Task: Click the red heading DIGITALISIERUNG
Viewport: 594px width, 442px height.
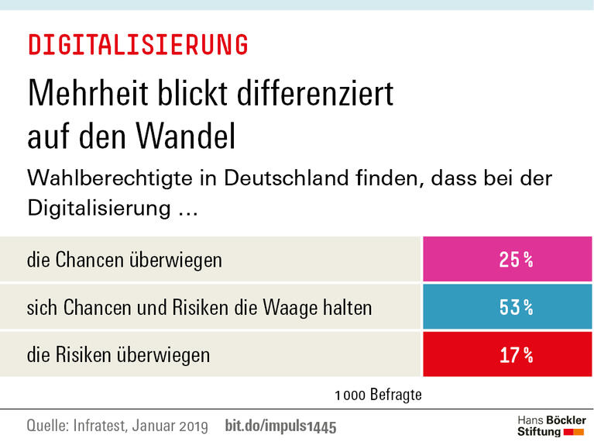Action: [138, 44]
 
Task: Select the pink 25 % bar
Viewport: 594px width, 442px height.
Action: [507, 260]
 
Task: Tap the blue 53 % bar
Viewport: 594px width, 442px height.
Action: [507, 307]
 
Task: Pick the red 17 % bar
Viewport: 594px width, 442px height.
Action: [507, 355]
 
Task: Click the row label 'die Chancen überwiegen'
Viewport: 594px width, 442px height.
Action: [124, 260]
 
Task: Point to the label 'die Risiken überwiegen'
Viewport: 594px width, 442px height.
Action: [118, 355]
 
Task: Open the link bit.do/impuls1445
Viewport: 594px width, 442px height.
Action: [280, 426]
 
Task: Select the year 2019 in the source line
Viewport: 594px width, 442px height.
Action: [190, 426]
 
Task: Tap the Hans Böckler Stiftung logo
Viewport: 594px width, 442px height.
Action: [551, 425]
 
